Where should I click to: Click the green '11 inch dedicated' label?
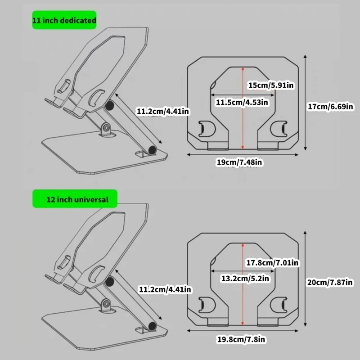[x=64, y=21]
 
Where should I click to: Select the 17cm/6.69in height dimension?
[x=330, y=107]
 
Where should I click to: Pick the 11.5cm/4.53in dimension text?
[x=242, y=102]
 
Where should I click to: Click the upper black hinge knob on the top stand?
[x=109, y=106]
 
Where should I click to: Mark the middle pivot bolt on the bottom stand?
[x=106, y=304]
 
